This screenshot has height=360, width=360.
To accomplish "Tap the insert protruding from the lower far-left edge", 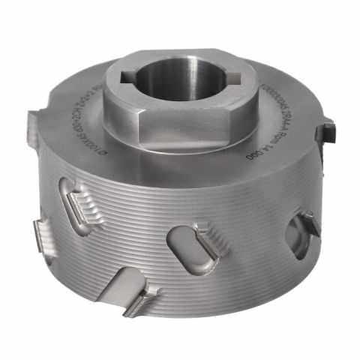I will [x=41, y=236].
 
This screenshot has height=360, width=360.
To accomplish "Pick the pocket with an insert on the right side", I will [x=304, y=224].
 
